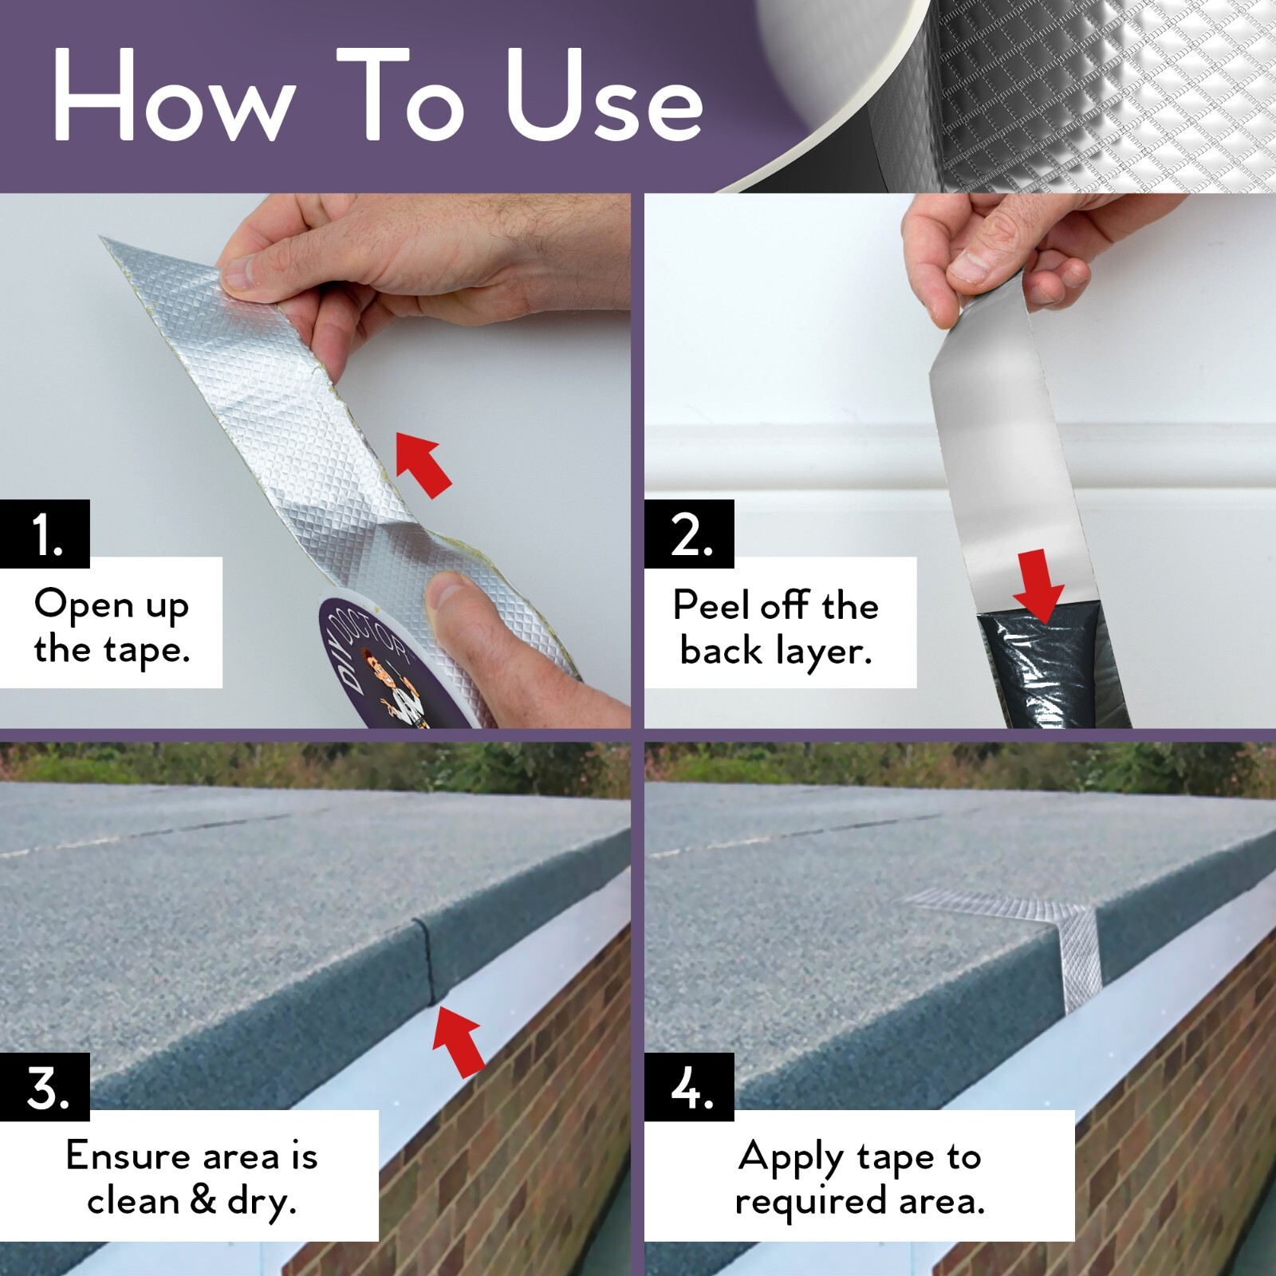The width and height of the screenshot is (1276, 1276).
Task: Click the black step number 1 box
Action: point(45,534)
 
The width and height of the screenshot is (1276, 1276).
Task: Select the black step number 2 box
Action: point(689,534)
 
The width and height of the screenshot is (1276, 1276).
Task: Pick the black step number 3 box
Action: point(45,1087)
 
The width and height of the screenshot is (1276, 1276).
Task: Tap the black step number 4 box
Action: point(689,1087)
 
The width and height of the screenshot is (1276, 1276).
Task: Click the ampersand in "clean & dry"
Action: point(203,1201)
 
